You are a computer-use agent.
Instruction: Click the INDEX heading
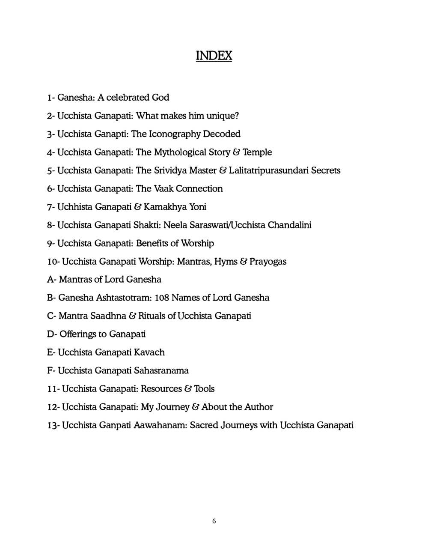tap(214, 56)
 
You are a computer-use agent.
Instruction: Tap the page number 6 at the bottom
tap(214, 521)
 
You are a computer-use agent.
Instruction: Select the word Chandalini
tap(289, 225)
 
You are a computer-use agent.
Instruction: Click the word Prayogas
tap(268, 261)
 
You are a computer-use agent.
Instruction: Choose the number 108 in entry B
tap(161, 298)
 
